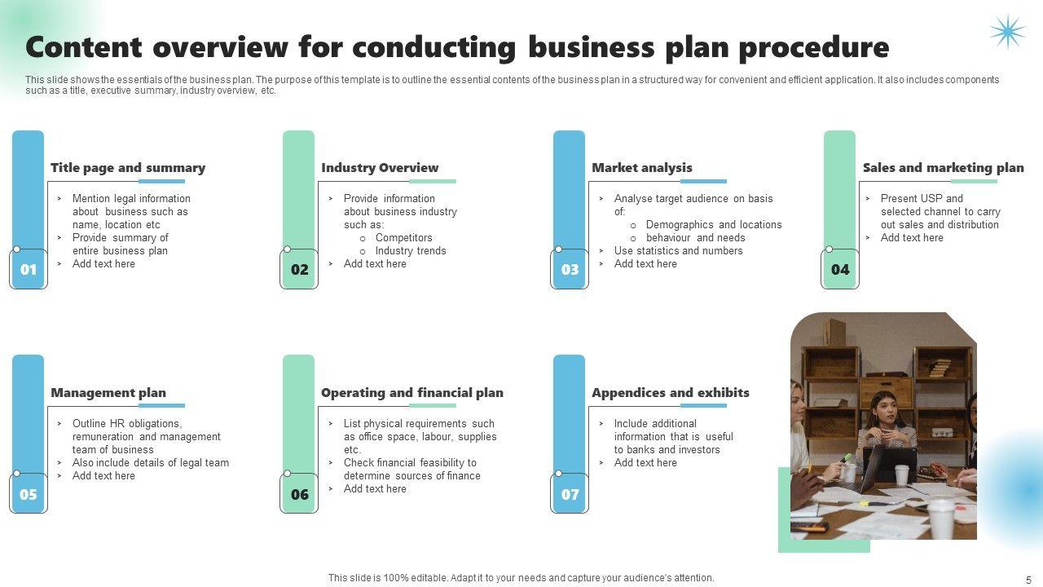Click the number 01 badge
(x=29, y=270)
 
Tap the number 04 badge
(x=840, y=270)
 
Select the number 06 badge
(x=299, y=495)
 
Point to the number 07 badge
(x=570, y=495)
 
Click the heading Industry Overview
(x=380, y=168)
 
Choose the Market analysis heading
(x=642, y=168)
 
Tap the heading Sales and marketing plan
(x=943, y=168)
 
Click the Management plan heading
(x=108, y=393)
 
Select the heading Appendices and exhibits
(x=671, y=393)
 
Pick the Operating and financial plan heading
(x=412, y=393)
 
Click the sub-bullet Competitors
(x=404, y=238)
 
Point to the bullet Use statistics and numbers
(x=679, y=251)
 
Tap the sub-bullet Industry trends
(x=411, y=251)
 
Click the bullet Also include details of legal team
(x=151, y=463)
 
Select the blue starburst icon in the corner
(x=1007, y=32)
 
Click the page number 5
(x=1028, y=578)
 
